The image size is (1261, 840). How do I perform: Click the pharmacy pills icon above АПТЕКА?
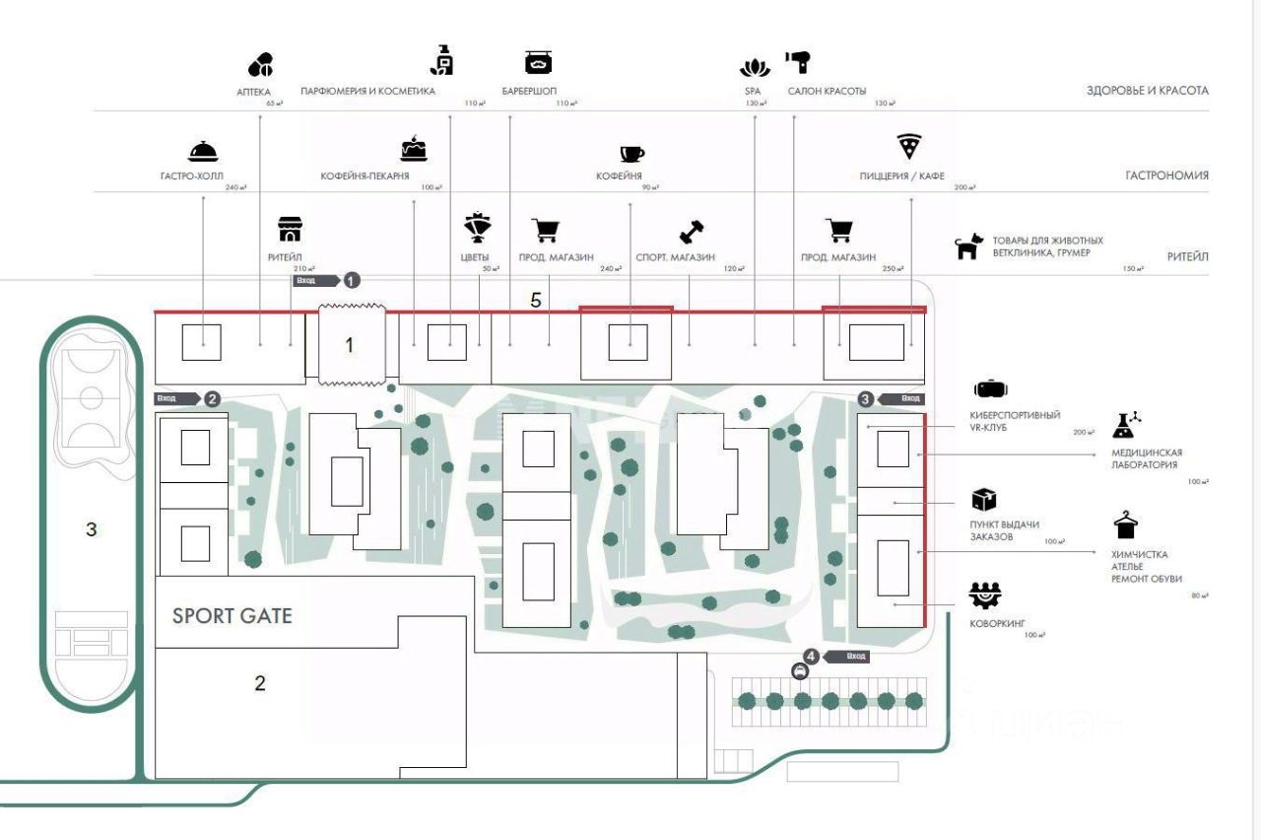pos(260,66)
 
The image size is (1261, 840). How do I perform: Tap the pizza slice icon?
pos(909,148)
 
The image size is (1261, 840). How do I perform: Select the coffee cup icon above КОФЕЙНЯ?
pos(631,153)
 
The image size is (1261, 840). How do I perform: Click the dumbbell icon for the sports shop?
pos(692,232)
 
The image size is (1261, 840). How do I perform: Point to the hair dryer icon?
pos(798,62)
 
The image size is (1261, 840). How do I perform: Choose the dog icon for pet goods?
pos(969,246)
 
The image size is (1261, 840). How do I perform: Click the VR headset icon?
pos(990,388)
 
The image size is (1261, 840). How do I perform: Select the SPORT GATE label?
pos(232,616)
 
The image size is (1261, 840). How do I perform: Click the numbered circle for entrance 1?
pos(352,280)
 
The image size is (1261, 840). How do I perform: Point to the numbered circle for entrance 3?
pos(865,398)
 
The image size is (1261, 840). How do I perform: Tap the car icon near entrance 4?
pos(800,671)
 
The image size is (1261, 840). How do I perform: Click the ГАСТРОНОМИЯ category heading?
pos(1166,175)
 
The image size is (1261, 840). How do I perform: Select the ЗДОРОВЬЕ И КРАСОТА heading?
pos(1147,91)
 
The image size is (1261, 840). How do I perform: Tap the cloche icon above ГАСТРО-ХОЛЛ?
pos(202,152)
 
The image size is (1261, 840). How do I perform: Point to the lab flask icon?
pos(1127,424)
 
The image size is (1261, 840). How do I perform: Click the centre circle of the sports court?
pos(91,397)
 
